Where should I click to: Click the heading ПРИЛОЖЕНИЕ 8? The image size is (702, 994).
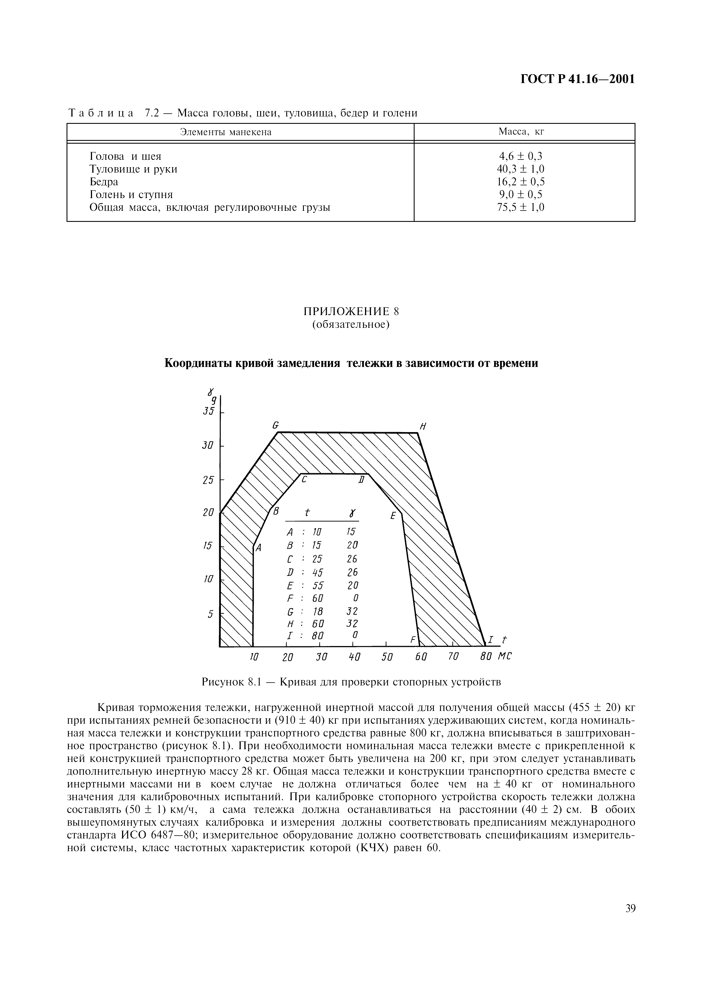(x=351, y=312)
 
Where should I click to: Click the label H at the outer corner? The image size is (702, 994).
(x=423, y=427)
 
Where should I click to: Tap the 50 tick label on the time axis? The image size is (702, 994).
(x=387, y=657)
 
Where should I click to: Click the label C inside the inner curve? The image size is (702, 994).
(x=304, y=480)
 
